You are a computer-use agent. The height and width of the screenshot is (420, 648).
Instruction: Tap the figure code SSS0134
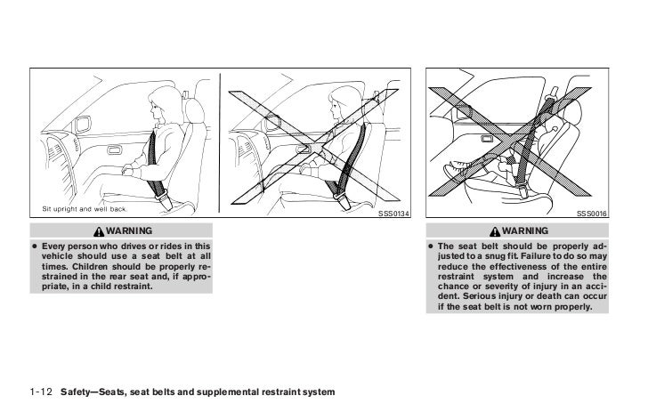(393, 214)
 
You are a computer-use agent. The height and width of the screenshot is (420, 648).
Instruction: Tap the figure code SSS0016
(591, 214)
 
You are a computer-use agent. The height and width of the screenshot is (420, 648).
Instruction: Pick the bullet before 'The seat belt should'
(432, 246)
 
